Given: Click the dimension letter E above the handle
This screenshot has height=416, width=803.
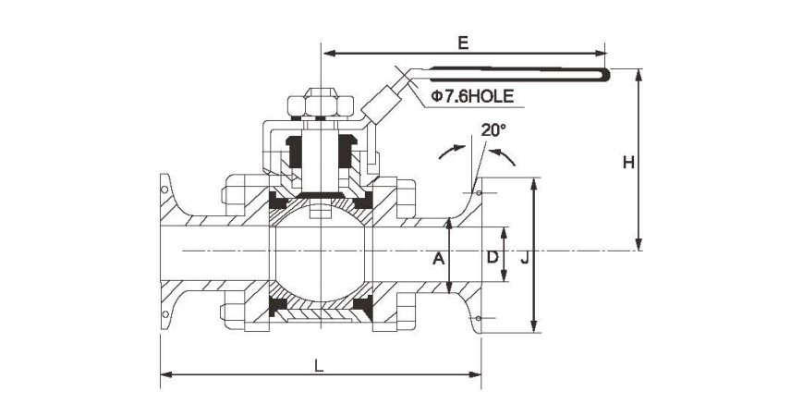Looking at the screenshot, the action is pyautogui.click(x=463, y=43).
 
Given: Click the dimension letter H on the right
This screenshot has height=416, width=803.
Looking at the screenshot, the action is pyautogui.click(x=628, y=163).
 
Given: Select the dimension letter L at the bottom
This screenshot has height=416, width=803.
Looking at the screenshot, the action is pyautogui.click(x=319, y=366).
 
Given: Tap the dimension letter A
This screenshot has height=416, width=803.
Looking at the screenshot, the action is pyautogui.click(x=438, y=259).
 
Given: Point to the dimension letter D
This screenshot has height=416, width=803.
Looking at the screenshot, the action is pyautogui.click(x=493, y=257).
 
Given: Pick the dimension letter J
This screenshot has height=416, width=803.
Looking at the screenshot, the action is pyautogui.click(x=524, y=259).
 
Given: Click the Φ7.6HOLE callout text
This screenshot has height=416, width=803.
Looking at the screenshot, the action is pyautogui.click(x=472, y=96).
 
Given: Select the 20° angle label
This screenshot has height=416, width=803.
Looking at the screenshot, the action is pyautogui.click(x=493, y=129).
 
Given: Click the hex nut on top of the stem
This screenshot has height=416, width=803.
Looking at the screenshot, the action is pyautogui.click(x=321, y=103).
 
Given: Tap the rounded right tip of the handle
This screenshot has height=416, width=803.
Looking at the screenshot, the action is pyautogui.click(x=606, y=75).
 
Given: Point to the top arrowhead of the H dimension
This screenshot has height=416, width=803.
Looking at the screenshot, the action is pyautogui.click(x=639, y=75).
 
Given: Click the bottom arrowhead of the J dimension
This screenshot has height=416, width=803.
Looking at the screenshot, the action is pyautogui.click(x=534, y=325).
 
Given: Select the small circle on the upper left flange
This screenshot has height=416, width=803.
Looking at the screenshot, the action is pyautogui.click(x=164, y=190).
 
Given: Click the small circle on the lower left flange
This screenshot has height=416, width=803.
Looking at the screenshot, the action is pyautogui.click(x=164, y=314).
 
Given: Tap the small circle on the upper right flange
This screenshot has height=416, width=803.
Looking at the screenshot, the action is pyautogui.click(x=478, y=193).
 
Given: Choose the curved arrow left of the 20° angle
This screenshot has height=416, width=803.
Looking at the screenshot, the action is pyautogui.click(x=452, y=151).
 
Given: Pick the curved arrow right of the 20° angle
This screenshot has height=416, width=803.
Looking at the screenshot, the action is pyautogui.click(x=503, y=155).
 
